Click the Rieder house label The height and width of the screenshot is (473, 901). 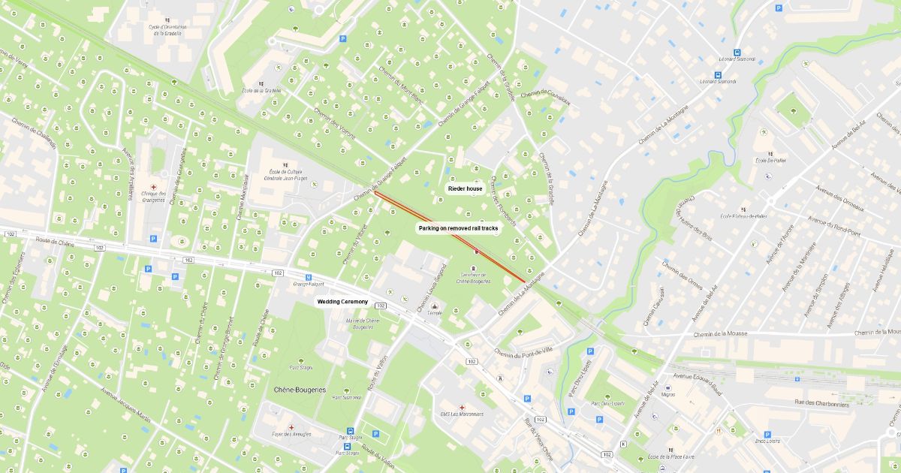(465, 189)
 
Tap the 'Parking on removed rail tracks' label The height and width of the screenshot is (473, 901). (458, 227)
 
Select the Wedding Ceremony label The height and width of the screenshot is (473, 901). (342, 302)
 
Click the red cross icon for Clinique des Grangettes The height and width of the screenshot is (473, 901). (154, 186)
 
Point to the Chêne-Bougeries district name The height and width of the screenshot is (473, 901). (300, 390)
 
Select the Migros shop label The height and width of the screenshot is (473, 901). (668, 394)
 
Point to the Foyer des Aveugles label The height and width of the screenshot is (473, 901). (291, 432)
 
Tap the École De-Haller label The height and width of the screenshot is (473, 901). (770, 160)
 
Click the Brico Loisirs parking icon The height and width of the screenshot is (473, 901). (767, 434)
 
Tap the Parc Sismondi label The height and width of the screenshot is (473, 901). (347, 397)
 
